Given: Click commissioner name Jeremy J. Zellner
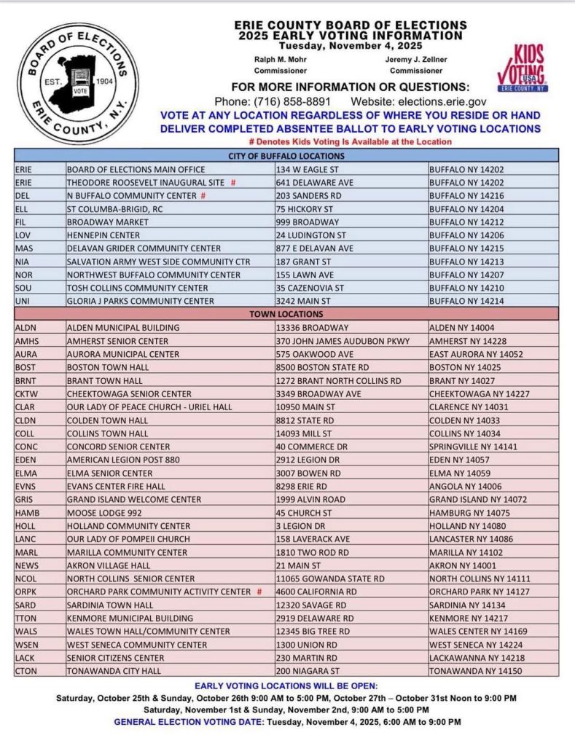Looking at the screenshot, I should click(415, 59).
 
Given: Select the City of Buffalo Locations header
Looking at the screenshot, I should click(286, 156).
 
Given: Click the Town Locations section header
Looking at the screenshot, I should click(286, 314).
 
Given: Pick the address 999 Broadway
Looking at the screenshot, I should click(297, 221).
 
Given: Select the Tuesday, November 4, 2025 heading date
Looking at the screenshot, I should click(349, 45).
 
